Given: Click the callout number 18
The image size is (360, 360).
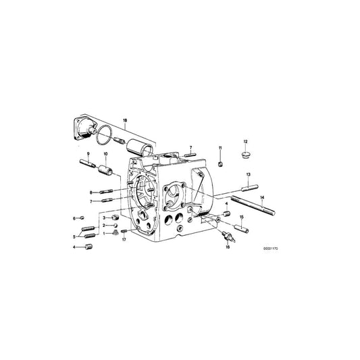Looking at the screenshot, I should click(124, 119).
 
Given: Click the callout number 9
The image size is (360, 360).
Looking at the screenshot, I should click(88, 155).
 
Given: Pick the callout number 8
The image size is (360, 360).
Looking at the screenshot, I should click(91, 192).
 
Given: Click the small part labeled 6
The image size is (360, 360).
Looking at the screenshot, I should click(81, 218).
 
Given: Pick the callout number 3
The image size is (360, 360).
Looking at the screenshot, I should click(104, 218).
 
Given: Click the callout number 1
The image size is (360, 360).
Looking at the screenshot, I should click(104, 233).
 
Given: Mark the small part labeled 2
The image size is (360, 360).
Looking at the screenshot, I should click(114, 226).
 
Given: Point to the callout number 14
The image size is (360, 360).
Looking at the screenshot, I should click(262, 197).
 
